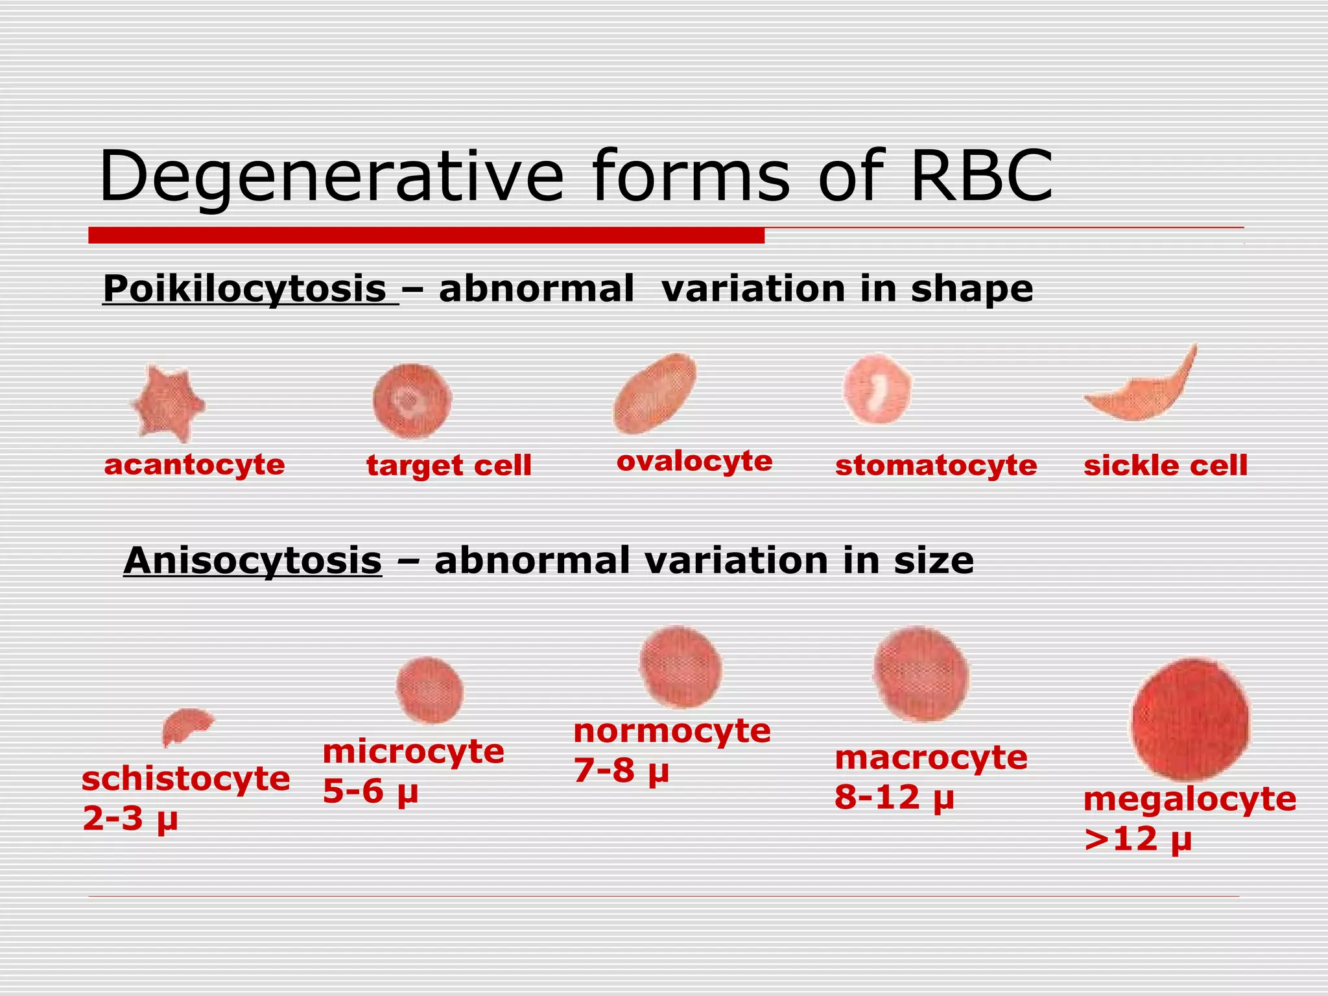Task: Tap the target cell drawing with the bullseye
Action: coord(412,401)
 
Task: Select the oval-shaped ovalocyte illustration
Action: coord(655,394)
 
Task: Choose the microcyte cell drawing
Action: coord(429,690)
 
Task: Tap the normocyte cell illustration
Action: coord(680,667)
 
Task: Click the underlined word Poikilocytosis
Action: coord(245,289)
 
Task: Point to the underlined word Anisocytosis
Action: coord(252,561)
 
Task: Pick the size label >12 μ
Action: coord(1138,839)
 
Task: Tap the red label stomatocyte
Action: coord(936,466)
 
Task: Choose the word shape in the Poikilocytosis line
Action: coord(971,289)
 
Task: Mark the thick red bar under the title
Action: coord(426,235)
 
